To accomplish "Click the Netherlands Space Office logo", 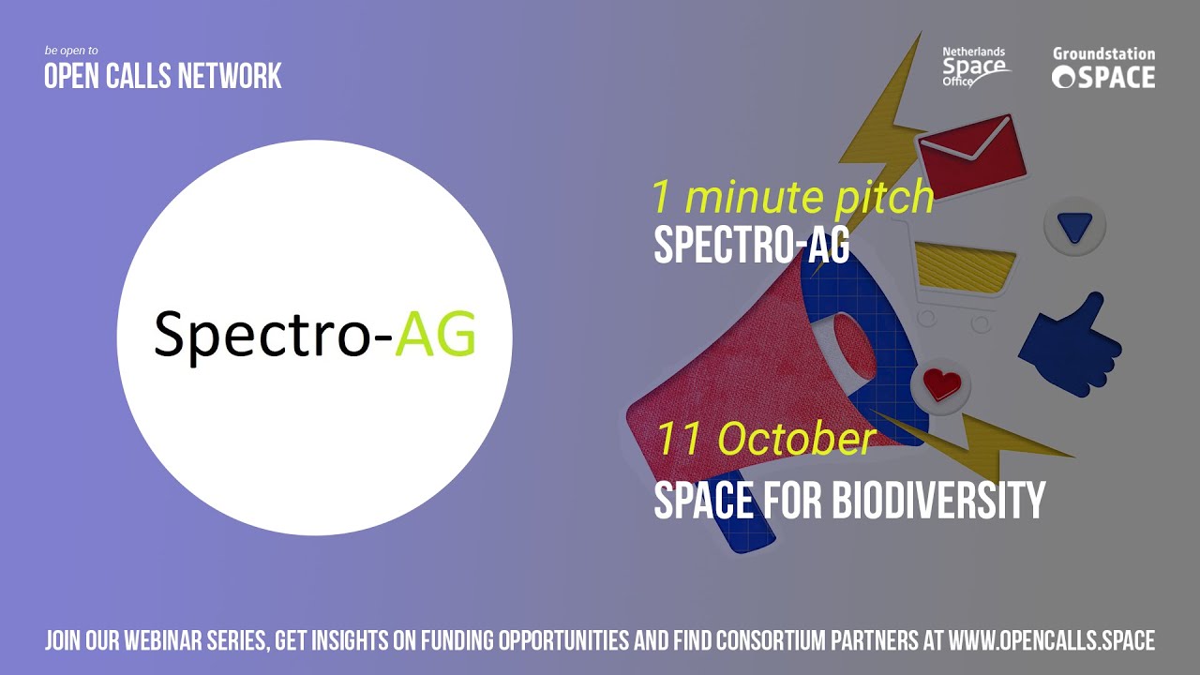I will [x=975, y=66].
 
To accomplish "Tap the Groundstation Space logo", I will [x=1103, y=68].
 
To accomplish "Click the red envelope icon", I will [x=966, y=153].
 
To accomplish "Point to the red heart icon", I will [x=939, y=383].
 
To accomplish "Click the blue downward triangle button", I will [x=1074, y=226].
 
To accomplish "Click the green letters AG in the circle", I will [x=435, y=334].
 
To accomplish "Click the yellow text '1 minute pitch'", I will [x=792, y=197].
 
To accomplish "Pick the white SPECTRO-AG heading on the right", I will [x=751, y=245].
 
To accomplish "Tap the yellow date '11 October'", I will [x=764, y=439].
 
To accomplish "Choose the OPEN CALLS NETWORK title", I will [x=163, y=76].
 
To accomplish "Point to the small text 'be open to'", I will [x=71, y=50].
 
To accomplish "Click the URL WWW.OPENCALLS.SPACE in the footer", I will [x=1051, y=641].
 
